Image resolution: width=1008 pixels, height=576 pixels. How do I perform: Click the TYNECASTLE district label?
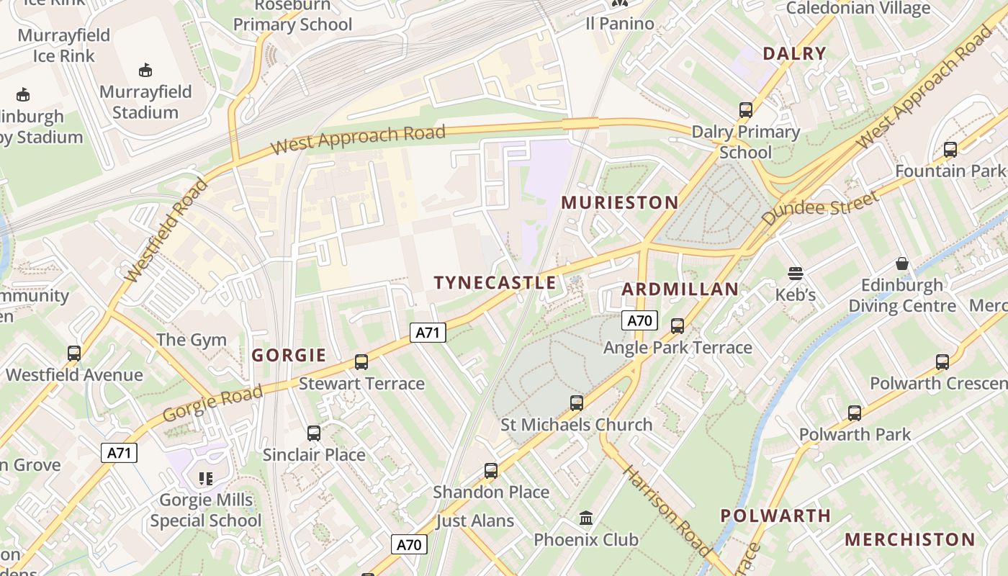[x=495, y=282]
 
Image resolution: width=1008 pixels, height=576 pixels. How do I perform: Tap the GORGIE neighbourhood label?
[x=289, y=355]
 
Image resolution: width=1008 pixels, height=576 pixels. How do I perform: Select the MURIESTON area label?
[x=619, y=202]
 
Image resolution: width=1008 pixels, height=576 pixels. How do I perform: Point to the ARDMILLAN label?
[x=680, y=289]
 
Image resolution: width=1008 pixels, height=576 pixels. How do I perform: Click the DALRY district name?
[x=794, y=53]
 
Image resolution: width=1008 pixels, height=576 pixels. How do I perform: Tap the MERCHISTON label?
[x=910, y=539]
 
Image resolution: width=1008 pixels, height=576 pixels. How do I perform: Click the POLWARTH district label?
[x=775, y=516]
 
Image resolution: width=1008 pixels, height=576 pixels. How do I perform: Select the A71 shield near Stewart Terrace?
[x=428, y=332]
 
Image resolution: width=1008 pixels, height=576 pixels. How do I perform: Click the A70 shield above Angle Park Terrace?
[x=639, y=320]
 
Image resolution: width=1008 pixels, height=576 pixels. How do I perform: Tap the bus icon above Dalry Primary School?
[x=746, y=110]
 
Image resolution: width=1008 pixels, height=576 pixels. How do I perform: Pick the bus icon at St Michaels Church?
[x=577, y=403]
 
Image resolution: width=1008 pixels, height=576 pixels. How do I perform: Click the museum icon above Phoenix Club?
[x=586, y=518]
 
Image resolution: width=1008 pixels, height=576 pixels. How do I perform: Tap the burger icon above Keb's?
[x=795, y=274]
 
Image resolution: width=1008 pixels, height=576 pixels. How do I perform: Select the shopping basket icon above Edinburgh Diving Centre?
[x=902, y=264]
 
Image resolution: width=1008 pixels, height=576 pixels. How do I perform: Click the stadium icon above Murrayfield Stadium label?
[x=145, y=70]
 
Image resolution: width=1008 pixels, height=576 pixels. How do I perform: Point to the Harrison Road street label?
[x=666, y=511]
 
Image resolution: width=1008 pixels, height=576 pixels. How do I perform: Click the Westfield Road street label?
[x=166, y=230]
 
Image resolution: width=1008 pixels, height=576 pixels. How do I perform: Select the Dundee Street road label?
[x=822, y=208]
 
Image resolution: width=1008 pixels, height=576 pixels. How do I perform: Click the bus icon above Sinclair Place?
[x=314, y=433]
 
